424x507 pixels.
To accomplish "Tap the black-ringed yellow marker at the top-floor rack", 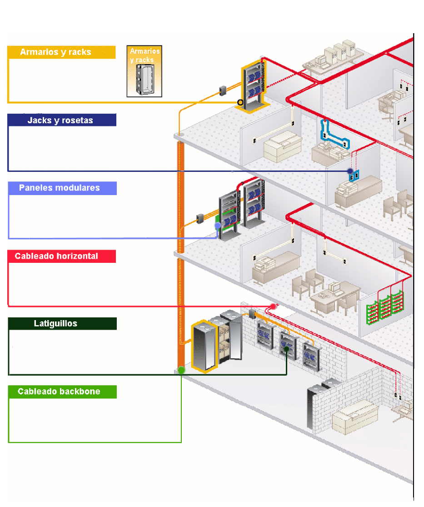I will click(240, 103).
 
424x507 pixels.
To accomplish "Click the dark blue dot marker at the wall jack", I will click(350, 171).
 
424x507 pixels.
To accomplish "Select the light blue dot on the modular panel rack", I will click(218, 225).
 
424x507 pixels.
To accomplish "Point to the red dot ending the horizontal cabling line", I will click(273, 306).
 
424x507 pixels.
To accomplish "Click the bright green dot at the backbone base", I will click(181, 370).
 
